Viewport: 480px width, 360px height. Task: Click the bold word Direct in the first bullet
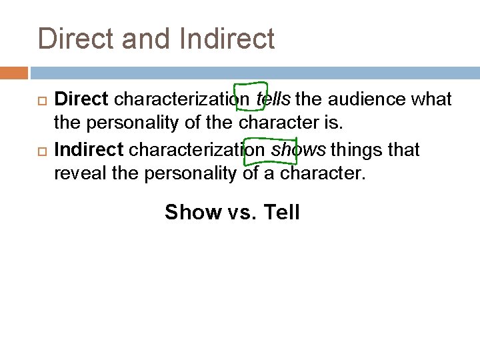pyautogui.click(x=81, y=100)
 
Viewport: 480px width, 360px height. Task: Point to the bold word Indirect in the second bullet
pyautogui.click(x=89, y=150)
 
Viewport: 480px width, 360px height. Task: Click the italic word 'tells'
pyautogui.click(x=273, y=100)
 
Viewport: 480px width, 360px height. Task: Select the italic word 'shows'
pyautogui.click(x=294, y=150)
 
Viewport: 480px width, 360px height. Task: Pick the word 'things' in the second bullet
pyautogui.click(x=349, y=150)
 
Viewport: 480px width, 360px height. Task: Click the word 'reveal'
pyautogui.click(x=77, y=175)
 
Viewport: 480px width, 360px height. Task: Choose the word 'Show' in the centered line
pyautogui.click(x=193, y=213)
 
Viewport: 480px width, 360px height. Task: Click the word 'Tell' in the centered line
pyautogui.click(x=282, y=213)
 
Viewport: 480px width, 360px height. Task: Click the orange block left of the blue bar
pyautogui.click(x=14, y=72)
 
